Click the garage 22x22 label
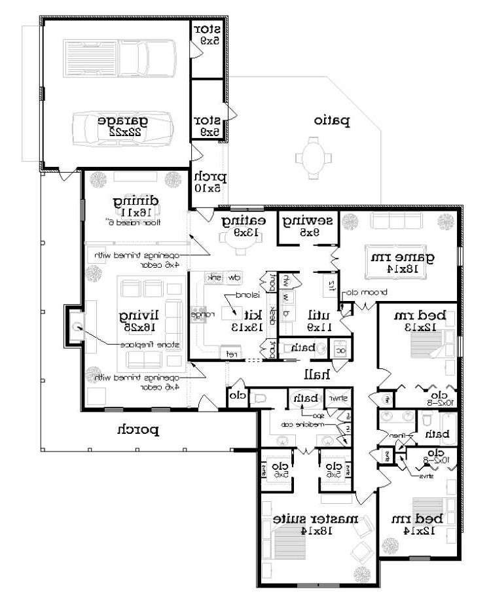click(x=122, y=126)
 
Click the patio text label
click(x=331, y=120)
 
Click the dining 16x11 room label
click(x=136, y=206)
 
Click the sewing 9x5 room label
click(x=307, y=226)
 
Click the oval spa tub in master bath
click(x=304, y=398)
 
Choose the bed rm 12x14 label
click(x=422, y=523)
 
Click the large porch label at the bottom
click(x=138, y=430)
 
